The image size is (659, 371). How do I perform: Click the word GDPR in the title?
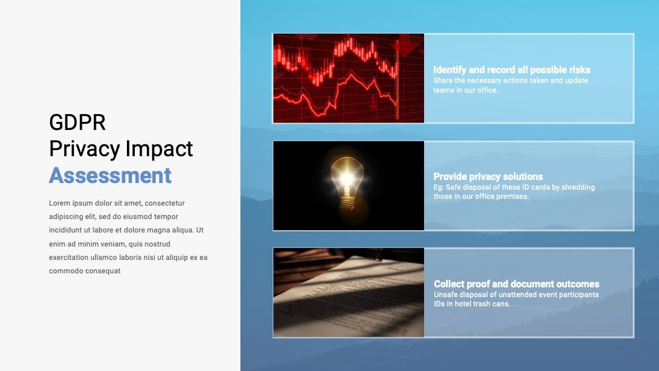coord(77,122)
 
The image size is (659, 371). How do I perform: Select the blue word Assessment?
coord(110,176)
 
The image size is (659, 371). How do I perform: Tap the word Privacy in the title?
coord(84,149)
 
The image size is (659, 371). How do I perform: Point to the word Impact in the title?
coord(159,149)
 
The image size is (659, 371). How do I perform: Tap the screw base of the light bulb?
coord(347,204)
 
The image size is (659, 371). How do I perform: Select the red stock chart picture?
coord(348,78)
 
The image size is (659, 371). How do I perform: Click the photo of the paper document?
coord(348,292)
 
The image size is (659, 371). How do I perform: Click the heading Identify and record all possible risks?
coord(511,70)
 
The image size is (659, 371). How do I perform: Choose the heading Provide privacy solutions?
coord(488,176)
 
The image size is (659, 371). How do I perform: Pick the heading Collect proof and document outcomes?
coord(517,284)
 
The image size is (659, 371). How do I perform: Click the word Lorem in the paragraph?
coord(59,203)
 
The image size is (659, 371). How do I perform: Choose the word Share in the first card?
coord(443,81)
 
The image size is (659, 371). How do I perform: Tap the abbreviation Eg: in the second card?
coord(438,187)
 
